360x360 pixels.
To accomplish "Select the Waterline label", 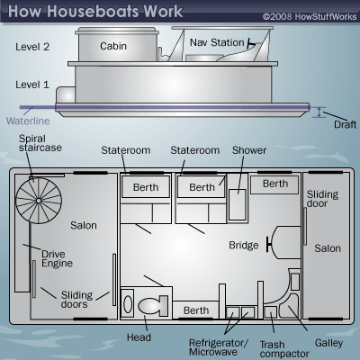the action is pyautogui.click(x=28, y=121).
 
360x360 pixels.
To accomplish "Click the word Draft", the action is pyautogui.click(x=346, y=124).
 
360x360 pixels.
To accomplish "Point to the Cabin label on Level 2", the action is pyautogui.click(x=113, y=46).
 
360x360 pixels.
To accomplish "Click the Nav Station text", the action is pyautogui.click(x=217, y=42).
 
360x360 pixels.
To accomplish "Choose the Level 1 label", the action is pyautogui.click(x=32, y=85).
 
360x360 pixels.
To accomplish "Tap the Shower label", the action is pyautogui.click(x=249, y=150).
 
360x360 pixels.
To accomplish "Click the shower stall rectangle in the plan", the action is pyautogui.click(x=238, y=205).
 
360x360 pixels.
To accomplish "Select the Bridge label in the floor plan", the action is pyautogui.click(x=244, y=245).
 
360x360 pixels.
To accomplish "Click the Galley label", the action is pyautogui.click(x=328, y=343).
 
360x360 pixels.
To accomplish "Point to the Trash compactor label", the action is pyautogui.click(x=284, y=349).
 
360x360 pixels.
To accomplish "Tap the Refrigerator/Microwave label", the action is pyautogui.click(x=219, y=347).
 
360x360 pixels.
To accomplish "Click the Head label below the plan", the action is pyautogui.click(x=139, y=337).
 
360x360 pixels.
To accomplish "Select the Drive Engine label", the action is pyautogui.click(x=57, y=258).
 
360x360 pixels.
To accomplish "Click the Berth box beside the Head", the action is pyautogui.click(x=196, y=310).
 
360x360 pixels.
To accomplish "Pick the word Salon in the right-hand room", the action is pyautogui.click(x=328, y=248).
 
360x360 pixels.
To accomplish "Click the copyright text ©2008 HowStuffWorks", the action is pyautogui.click(x=310, y=16).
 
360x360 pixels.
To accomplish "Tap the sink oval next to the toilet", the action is pyautogui.click(x=128, y=304).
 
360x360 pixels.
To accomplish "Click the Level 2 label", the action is pyautogui.click(x=32, y=47).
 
